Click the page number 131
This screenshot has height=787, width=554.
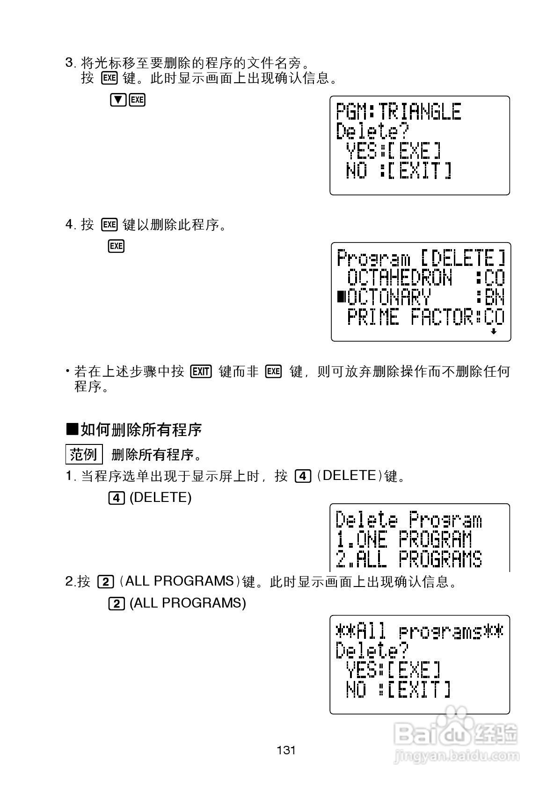(x=286, y=751)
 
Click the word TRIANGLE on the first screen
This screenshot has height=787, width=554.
(x=420, y=112)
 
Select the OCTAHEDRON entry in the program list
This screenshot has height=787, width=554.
(x=400, y=279)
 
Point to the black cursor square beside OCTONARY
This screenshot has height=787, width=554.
(x=342, y=296)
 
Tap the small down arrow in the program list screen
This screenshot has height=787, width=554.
(x=493, y=331)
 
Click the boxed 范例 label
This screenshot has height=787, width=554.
(x=83, y=454)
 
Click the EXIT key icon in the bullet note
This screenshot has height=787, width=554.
(x=201, y=372)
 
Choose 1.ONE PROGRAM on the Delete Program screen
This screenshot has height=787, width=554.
(x=404, y=540)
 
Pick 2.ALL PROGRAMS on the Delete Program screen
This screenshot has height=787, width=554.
(x=408, y=559)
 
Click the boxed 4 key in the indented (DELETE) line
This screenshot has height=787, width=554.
(x=117, y=498)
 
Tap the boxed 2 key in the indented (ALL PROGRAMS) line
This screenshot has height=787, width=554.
(x=117, y=603)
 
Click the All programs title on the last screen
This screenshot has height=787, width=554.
(x=419, y=632)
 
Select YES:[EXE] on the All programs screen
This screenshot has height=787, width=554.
(x=393, y=670)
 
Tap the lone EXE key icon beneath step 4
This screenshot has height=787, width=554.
(x=116, y=246)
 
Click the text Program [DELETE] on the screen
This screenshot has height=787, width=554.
(x=421, y=258)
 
